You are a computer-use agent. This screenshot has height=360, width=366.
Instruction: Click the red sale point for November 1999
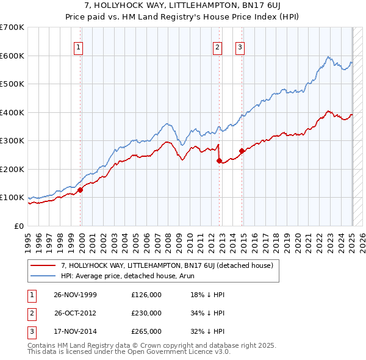pos(81,189)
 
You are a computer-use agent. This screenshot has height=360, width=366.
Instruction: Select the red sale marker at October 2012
pos(219,160)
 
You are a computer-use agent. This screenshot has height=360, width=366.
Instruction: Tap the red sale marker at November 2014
pos(242,151)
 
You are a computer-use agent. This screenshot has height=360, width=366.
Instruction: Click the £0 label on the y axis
pos(18,226)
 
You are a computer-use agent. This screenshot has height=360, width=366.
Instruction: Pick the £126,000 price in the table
pos(146,295)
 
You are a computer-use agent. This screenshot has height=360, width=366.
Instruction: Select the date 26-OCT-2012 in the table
pos(76,313)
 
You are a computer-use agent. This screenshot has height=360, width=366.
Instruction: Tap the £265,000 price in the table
pos(146,331)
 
